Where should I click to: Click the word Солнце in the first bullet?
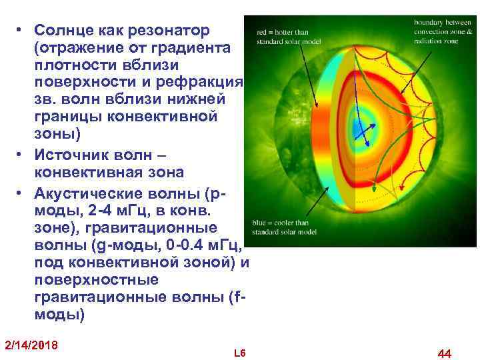(62, 31)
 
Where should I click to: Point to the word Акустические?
(97, 194)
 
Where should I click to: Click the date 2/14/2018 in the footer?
(31, 345)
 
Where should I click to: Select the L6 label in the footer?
(240, 352)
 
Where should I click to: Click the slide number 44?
(444, 352)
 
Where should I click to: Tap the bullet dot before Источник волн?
(21, 155)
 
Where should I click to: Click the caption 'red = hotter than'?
(282, 32)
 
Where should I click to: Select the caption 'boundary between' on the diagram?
(434, 23)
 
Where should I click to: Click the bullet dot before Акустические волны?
(21, 194)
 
